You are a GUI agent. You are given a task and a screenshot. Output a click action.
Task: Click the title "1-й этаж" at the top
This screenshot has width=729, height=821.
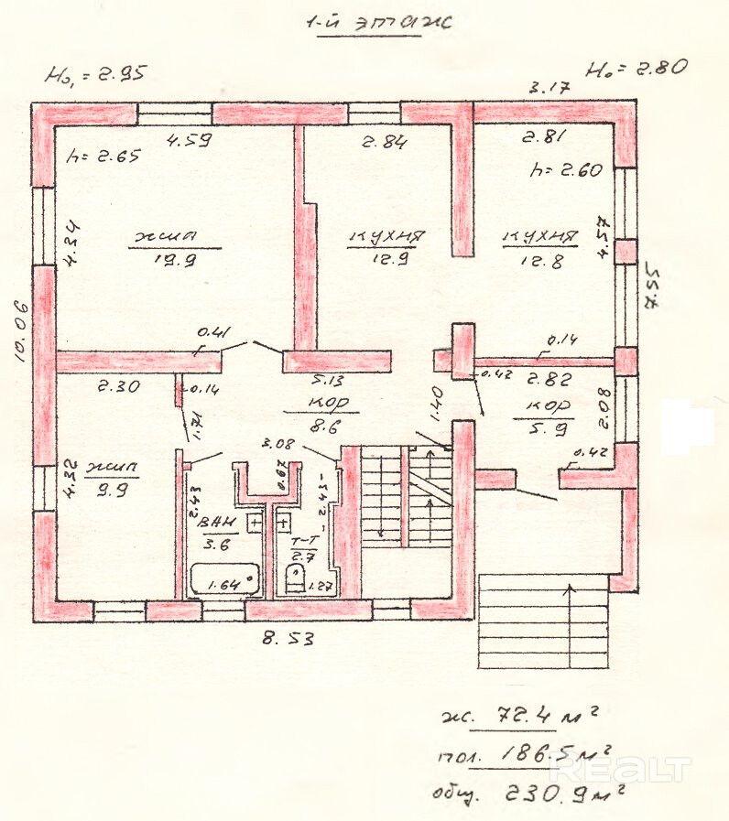coord(378,24)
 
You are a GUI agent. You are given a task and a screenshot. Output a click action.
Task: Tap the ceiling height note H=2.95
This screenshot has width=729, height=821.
coord(95,73)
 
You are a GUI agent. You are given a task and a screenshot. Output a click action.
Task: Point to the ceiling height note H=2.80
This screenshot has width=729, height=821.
coord(637,68)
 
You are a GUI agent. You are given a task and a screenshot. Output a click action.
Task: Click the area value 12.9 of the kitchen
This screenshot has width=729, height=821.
coord(384,260)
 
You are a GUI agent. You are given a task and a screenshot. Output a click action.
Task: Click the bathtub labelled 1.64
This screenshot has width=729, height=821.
coord(225,580)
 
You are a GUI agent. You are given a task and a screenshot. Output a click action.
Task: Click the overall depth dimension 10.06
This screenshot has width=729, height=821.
coord(20,330)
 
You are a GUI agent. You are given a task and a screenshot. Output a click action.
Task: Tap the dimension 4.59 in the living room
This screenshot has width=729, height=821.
coord(189,141)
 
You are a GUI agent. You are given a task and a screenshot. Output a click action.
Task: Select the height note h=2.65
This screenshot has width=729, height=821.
coord(103,156)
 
